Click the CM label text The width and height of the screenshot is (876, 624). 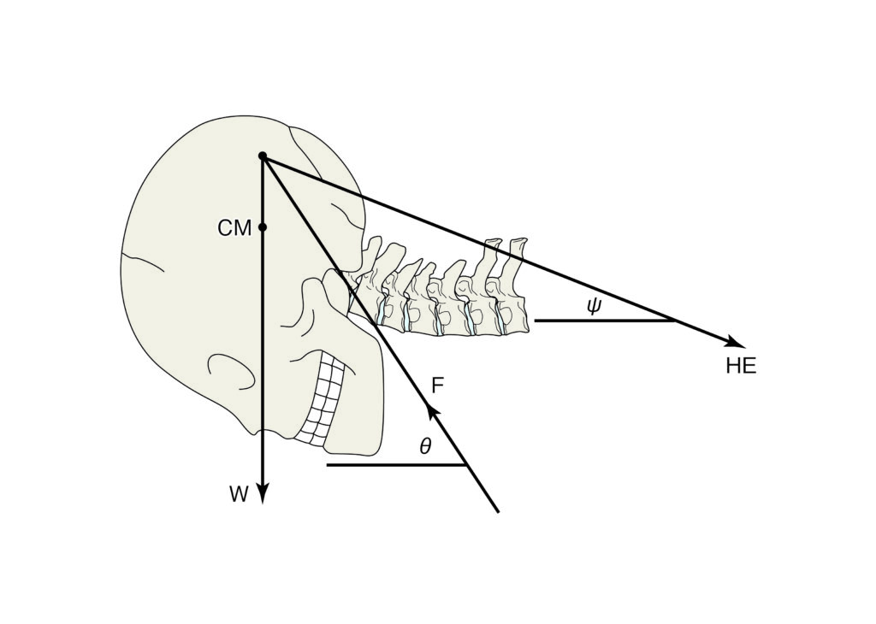click(234, 227)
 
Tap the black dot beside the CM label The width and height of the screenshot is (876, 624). click(263, 227)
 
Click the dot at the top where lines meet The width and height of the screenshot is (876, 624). click(263, 156)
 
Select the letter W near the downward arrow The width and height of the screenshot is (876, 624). click(239, 495)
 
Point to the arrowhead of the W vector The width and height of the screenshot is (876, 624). click(263, 492)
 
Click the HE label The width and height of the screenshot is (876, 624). click(741, 366)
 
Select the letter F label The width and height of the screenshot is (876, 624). click(438, 386)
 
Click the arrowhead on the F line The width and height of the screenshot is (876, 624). click(432, 411)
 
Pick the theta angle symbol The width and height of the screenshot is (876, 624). click(426, 445)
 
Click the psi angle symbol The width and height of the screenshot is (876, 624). click(594, 306)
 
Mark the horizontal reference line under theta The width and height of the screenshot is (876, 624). click(396, 464)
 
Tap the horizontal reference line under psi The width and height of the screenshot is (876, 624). click(605, 321)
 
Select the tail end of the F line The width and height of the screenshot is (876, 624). click(497, 510)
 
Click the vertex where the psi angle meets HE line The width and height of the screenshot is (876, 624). click(675, 321)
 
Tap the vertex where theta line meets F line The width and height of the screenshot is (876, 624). click(466, 464)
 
